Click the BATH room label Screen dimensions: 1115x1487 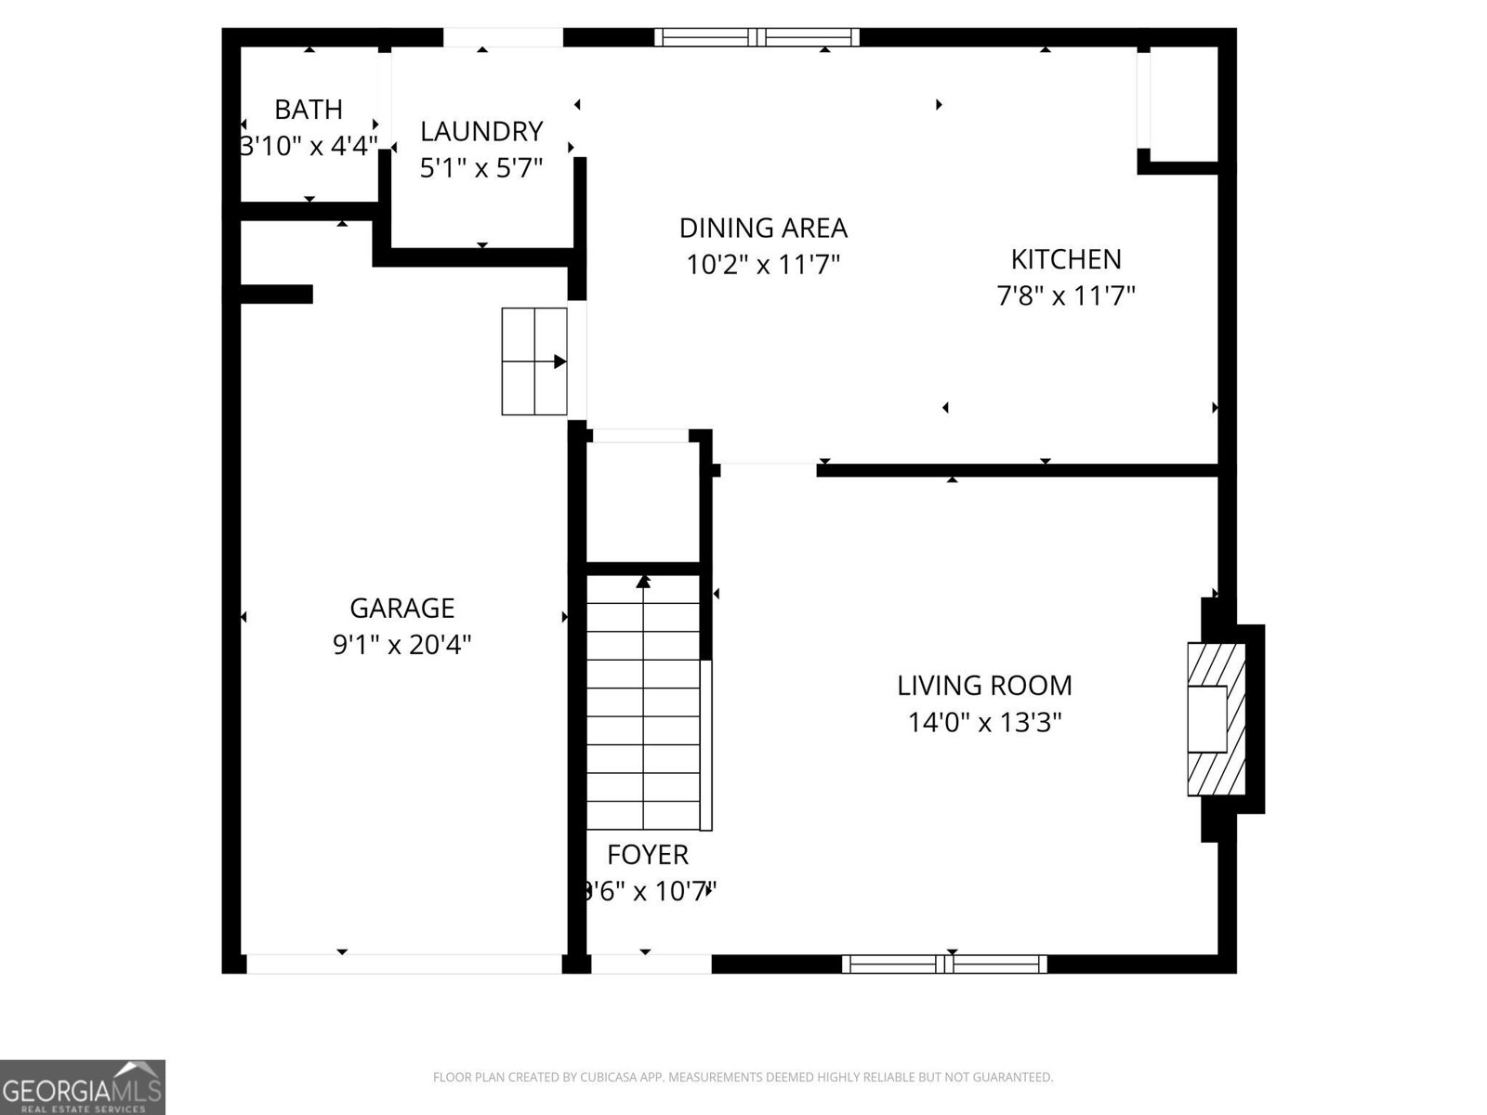[309, 110]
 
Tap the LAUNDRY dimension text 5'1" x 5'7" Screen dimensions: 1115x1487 [481, 168]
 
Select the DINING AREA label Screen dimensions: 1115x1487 [763, 228]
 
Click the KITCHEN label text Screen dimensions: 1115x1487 [1066, 258]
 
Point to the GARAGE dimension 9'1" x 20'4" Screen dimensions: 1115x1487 [402, 644]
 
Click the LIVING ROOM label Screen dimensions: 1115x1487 [984, 686]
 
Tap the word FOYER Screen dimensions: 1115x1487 [648, 855]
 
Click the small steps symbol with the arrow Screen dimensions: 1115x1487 [534, 361]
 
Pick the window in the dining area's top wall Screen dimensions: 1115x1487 [757, 37]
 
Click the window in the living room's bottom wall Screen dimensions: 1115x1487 [944, 964]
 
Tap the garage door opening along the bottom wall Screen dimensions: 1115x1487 [403, 964]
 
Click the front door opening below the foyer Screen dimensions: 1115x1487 [651, 964]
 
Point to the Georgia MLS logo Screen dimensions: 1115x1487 [82, 1087]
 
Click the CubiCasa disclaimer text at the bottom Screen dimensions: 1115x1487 [743, 1078]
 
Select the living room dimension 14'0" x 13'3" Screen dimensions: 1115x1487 [984, 722]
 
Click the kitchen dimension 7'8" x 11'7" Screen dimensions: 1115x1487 [1066, 296]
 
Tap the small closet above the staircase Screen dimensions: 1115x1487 [642, 502]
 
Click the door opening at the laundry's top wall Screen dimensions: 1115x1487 [503, 37]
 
